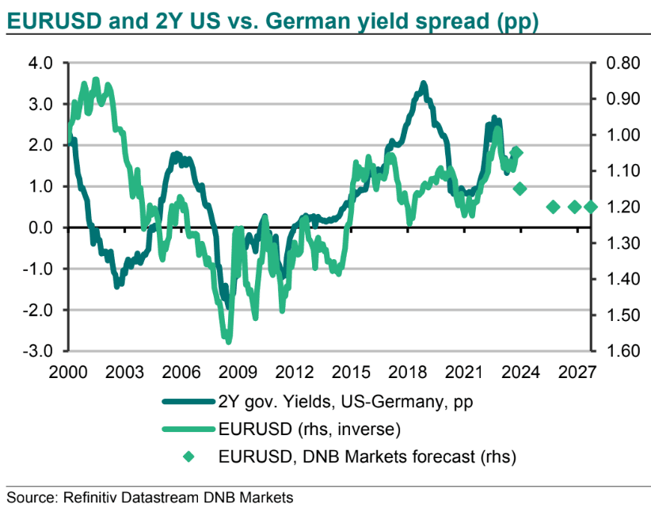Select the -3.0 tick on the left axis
pyautogui.click(x=36, y=350)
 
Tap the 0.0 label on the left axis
pyautogui.click(x=39, y=227)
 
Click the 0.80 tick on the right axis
pyautogui.click(x=615, y=63)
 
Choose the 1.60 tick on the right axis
pyautogui.click(x=615, y=350)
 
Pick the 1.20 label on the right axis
pyautogui.click(x=615, y=207)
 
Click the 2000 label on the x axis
pyautogui.click(x=67, y=370)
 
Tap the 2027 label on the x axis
pyautogui.click(x=577, y=370)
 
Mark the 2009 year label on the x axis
pyautogui.click(x=238, y=370)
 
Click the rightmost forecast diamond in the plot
pyautogui.click(x=590, y=207)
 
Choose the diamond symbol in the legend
pyautogui.click(x=188, y=457)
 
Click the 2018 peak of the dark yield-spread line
pyautogui.click(x=424, y=82)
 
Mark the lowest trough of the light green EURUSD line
pyautogui.click(x=228, y=341)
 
